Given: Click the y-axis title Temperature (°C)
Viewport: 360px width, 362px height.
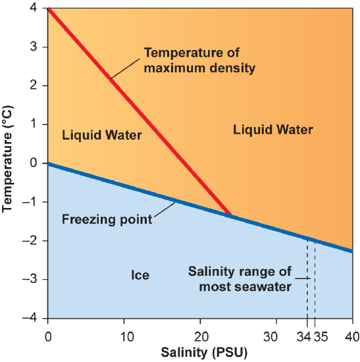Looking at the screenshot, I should tap(9, 163).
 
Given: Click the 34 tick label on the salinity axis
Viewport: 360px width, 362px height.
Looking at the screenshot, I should tap(305, 337).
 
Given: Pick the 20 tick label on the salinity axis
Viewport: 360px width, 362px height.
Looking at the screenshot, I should tap(200, 337).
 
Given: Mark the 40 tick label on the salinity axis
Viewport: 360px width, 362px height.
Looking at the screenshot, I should tap(351, 337).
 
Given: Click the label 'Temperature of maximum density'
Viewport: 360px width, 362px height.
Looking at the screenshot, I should tap(191, 60).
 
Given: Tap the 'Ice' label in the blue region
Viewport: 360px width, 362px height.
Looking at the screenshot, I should tap(140, 275).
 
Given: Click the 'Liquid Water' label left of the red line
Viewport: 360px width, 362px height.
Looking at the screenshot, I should tap(102, 136).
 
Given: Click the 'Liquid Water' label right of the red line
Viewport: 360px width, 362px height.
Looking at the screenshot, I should tap(273, 130).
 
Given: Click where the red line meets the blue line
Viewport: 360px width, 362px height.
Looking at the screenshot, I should tap(230, 215).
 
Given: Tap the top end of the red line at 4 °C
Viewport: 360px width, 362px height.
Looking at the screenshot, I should tap(49, 9).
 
